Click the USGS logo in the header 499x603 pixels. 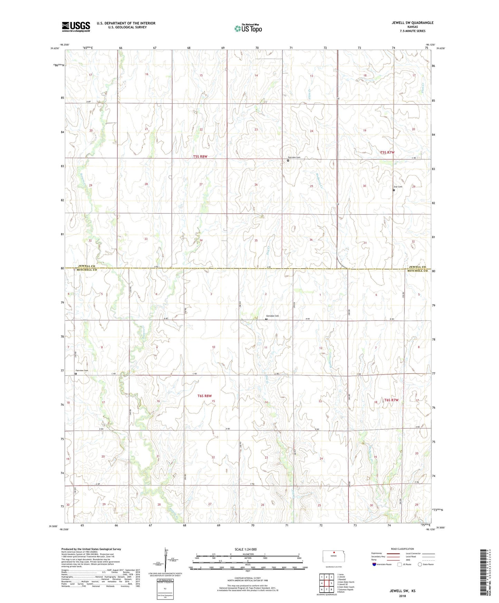76,27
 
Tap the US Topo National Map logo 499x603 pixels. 248,28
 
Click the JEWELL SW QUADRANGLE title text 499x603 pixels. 412,23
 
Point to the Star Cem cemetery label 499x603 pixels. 398,187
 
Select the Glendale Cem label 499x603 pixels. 272,316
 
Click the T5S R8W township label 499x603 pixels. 200,156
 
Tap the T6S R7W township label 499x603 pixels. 391,400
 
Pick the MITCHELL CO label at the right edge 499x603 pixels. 418,271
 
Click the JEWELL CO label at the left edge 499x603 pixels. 86,266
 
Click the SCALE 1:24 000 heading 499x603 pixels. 246,549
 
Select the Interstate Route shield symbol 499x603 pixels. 375,564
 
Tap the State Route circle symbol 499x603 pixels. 420,564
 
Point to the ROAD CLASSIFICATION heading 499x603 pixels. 402,549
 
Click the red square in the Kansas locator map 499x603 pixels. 334,552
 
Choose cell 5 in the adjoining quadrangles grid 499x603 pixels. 331,583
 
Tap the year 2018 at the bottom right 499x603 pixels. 402,596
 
